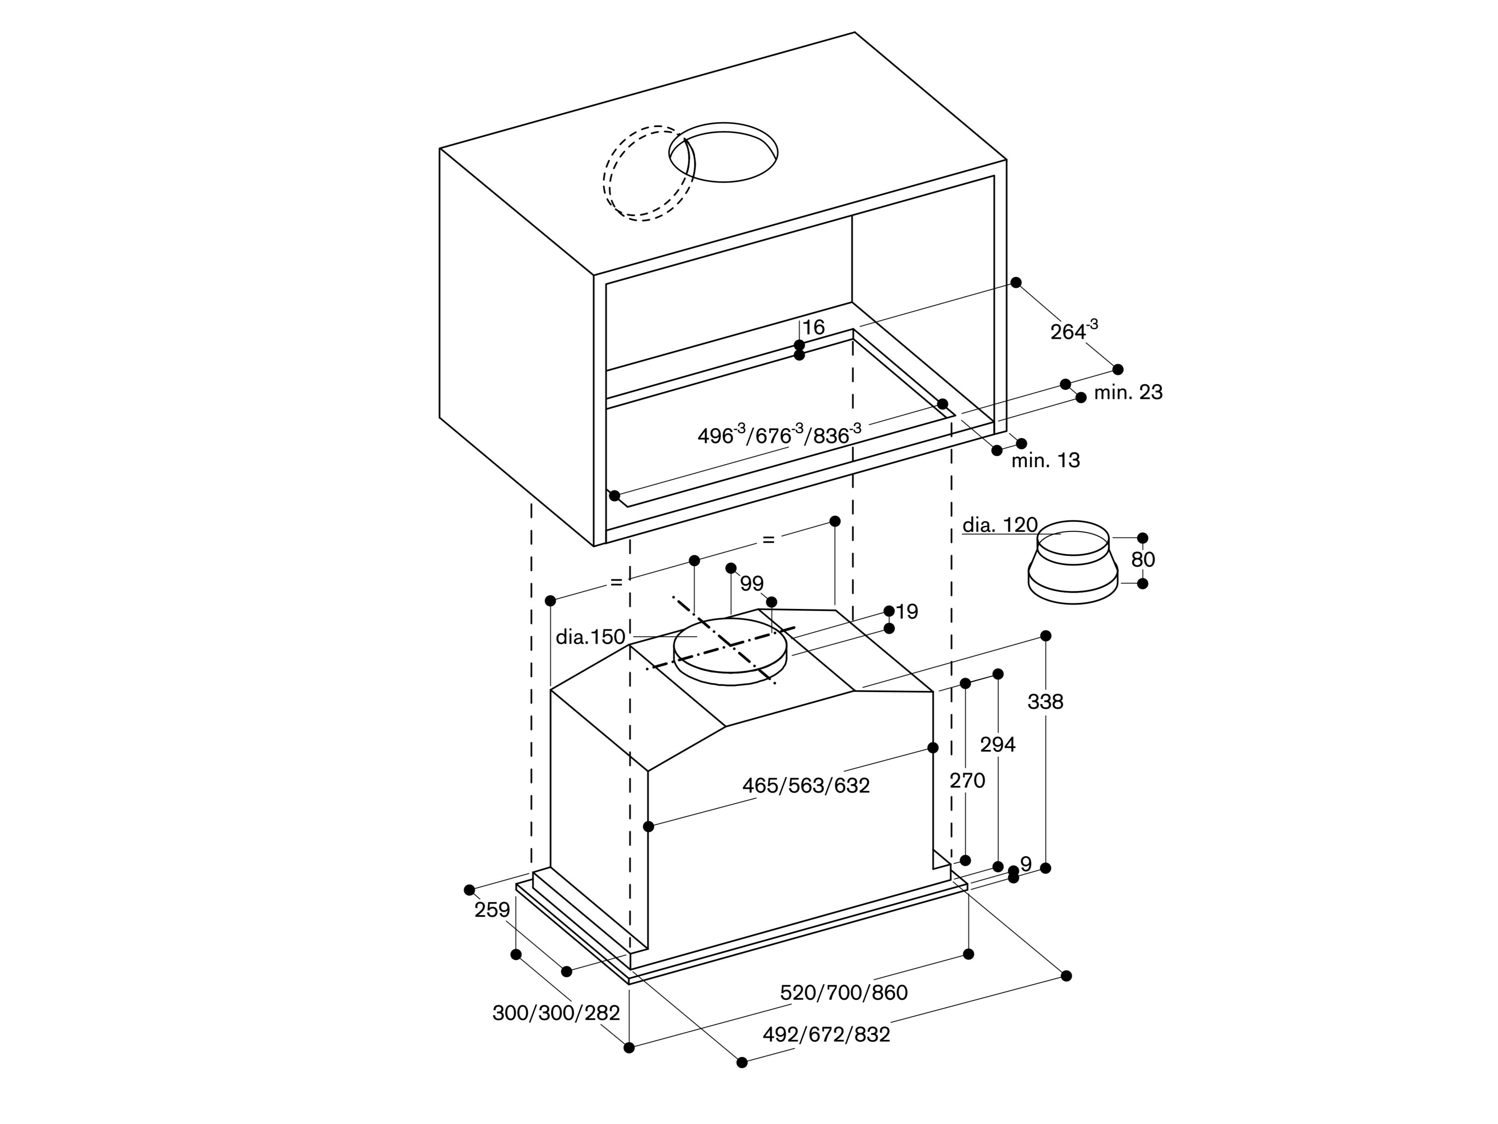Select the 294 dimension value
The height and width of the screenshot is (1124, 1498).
click(998, 745)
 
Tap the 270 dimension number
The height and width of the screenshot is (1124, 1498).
click(967, 781)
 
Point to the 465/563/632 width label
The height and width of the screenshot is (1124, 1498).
click(806, 785)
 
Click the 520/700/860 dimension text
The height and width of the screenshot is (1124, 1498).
click(843, 993)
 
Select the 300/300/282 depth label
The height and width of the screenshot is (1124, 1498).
click(556, 1013)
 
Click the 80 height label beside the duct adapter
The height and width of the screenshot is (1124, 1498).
click(1143, 559)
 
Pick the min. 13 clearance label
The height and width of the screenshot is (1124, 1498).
click(1046, 460)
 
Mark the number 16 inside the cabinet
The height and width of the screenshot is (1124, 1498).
click(813, 328)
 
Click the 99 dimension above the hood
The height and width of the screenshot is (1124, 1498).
click(752, 583)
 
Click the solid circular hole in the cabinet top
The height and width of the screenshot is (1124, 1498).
click(723, 153)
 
